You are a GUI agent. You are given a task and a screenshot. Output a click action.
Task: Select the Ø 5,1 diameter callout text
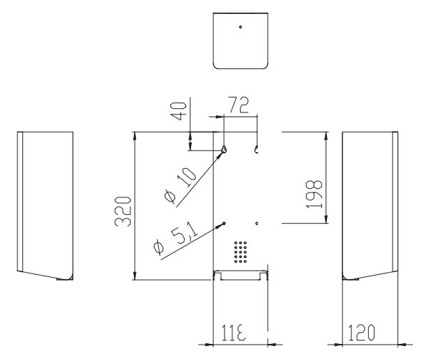172,239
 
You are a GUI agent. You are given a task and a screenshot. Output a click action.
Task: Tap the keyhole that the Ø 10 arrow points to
224,150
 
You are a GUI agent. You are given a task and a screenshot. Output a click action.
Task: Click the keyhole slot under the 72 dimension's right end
257,150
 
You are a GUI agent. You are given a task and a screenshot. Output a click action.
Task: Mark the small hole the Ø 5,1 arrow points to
223,223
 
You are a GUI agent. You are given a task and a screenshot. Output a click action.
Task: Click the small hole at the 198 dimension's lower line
257,223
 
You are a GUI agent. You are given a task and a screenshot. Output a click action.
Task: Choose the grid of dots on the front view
241,252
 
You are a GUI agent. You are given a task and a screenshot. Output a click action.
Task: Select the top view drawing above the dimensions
240,40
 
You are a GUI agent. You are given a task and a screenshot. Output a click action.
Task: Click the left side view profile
45,205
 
